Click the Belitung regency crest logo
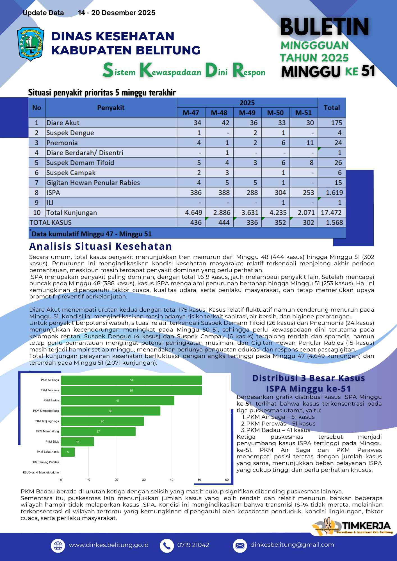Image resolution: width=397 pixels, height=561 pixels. coord(30,44)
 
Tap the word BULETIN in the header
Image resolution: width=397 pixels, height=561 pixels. coord(324,27)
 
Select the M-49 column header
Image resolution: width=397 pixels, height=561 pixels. coord(247,113)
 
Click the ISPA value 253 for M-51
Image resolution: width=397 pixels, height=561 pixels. coord(308,193)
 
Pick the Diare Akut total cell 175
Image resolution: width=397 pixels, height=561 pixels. coord(336,123)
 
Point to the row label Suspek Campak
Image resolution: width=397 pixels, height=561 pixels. coord(71,173)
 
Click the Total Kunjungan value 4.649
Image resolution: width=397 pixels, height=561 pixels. coord(193,213)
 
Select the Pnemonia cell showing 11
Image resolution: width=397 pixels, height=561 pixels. coord(310,143)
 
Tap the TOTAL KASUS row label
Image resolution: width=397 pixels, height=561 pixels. coord(51,223)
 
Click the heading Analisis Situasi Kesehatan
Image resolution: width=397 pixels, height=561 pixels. coord(101,246)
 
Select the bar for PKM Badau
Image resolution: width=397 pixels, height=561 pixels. coord(117,401)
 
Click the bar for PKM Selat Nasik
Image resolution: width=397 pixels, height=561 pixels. coord(68,452)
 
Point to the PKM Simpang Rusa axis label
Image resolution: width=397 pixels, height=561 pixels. coord(46,411)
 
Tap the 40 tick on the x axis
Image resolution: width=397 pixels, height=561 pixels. coord(172,480)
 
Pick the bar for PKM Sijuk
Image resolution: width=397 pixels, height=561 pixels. coord(77,442)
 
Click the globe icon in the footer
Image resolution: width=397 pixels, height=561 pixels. coord(58,546)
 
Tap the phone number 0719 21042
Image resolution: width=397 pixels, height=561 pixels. coord(193,545)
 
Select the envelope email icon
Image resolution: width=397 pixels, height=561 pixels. coord(240,546)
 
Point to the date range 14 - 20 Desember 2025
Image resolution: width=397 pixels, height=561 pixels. coord(117,13)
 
